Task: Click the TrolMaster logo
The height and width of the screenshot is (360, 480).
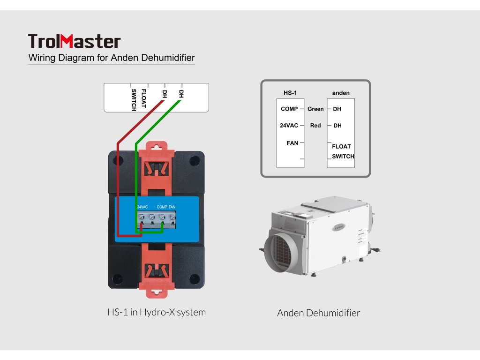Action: [74, 41]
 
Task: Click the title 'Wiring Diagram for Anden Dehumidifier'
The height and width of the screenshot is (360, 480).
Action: [112, 58]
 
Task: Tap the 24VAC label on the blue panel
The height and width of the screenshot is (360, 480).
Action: [142, 207]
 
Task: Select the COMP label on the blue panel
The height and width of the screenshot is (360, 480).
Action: [162, 207]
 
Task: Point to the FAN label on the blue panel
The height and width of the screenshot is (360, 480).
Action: [172, 207]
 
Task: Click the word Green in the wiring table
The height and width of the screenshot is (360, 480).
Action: [315, 109]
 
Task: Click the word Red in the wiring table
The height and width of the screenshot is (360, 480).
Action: [315, 126]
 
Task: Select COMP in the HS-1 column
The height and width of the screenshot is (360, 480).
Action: [289, 109]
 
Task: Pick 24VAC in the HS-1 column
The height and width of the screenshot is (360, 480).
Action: [289, 126]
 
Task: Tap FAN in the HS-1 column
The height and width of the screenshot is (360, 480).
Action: [292, 143]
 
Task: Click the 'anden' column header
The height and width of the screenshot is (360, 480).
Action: [341, 93]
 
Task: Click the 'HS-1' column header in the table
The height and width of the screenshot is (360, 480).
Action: [290, 93]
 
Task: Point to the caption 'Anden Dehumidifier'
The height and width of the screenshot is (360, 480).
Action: [318, 313]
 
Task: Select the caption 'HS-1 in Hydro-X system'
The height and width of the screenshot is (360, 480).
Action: [156, 312]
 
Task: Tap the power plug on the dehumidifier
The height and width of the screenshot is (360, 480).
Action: [376, 251]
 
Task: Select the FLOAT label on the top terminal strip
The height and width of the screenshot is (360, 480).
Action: [143, 98]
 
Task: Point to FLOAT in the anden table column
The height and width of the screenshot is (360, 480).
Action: [341, 146]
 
